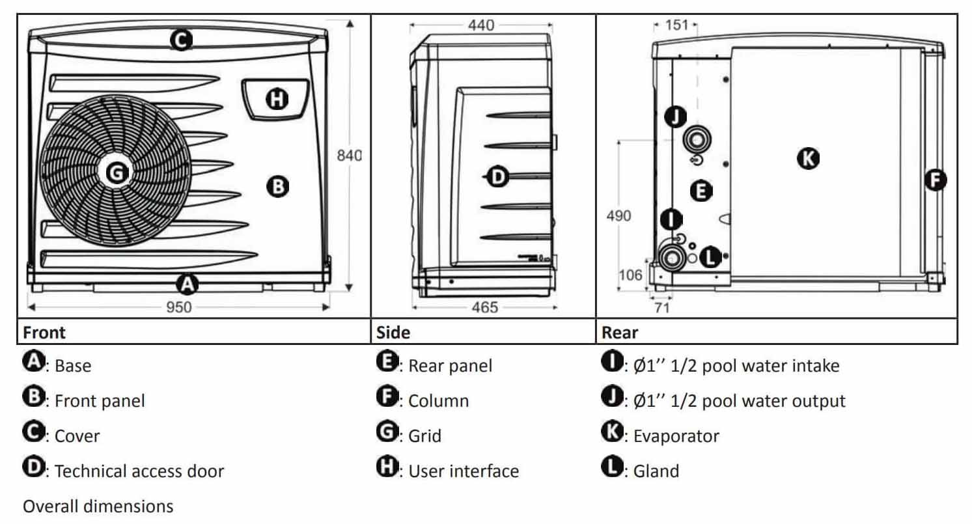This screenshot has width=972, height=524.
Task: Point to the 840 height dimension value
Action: [349, 156]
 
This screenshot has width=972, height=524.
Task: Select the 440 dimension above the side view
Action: [481, 25]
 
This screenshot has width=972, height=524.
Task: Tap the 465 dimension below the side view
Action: [482, 307]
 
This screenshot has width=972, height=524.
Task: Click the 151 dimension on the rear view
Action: [677, 25]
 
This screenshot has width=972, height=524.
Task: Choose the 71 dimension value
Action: [662, 308]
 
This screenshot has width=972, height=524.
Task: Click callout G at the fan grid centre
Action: [116, 172]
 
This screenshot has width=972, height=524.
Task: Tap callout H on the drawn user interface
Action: [277, 100]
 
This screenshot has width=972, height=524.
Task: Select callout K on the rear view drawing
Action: [809, 158]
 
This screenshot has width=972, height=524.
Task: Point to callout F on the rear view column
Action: [936, 180]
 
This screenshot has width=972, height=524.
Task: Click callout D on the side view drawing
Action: [497, 176]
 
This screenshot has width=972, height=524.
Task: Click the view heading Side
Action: [393, 333]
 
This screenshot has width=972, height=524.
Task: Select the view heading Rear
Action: [620, 333]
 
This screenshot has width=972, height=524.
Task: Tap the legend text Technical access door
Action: [139, 471]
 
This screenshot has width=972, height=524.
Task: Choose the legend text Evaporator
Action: [676, 436]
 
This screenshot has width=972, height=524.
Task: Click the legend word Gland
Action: [656, 471]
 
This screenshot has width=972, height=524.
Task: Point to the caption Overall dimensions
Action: [98, 506]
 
